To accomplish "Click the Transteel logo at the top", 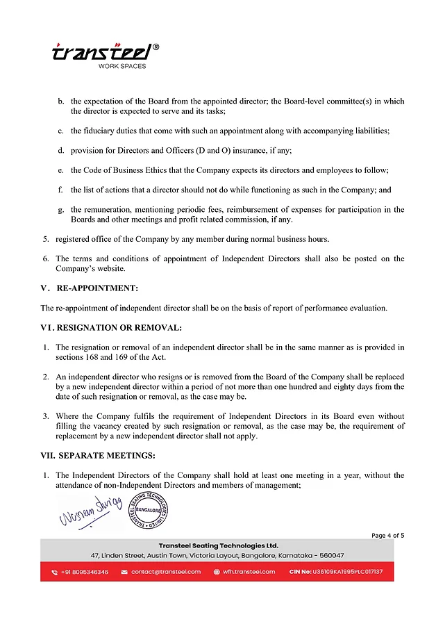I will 104,53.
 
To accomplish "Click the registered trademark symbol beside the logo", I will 156,47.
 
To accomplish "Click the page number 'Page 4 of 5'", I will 387,535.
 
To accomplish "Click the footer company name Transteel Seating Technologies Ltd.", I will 218,545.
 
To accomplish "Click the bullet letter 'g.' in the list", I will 62,209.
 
